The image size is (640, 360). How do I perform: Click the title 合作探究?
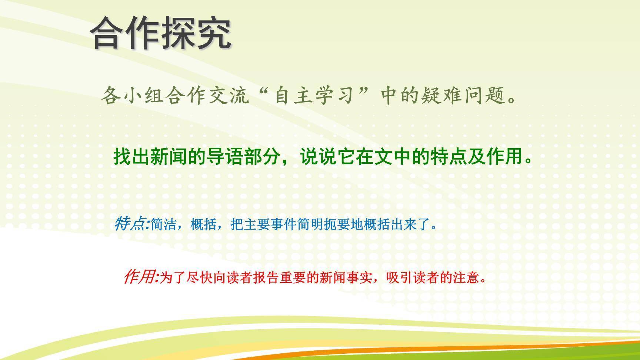pos(161,33)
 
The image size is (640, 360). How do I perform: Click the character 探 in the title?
pos(179,33)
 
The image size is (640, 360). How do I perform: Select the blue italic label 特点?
pos(131,224)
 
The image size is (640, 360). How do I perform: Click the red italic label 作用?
pos(141,277)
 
